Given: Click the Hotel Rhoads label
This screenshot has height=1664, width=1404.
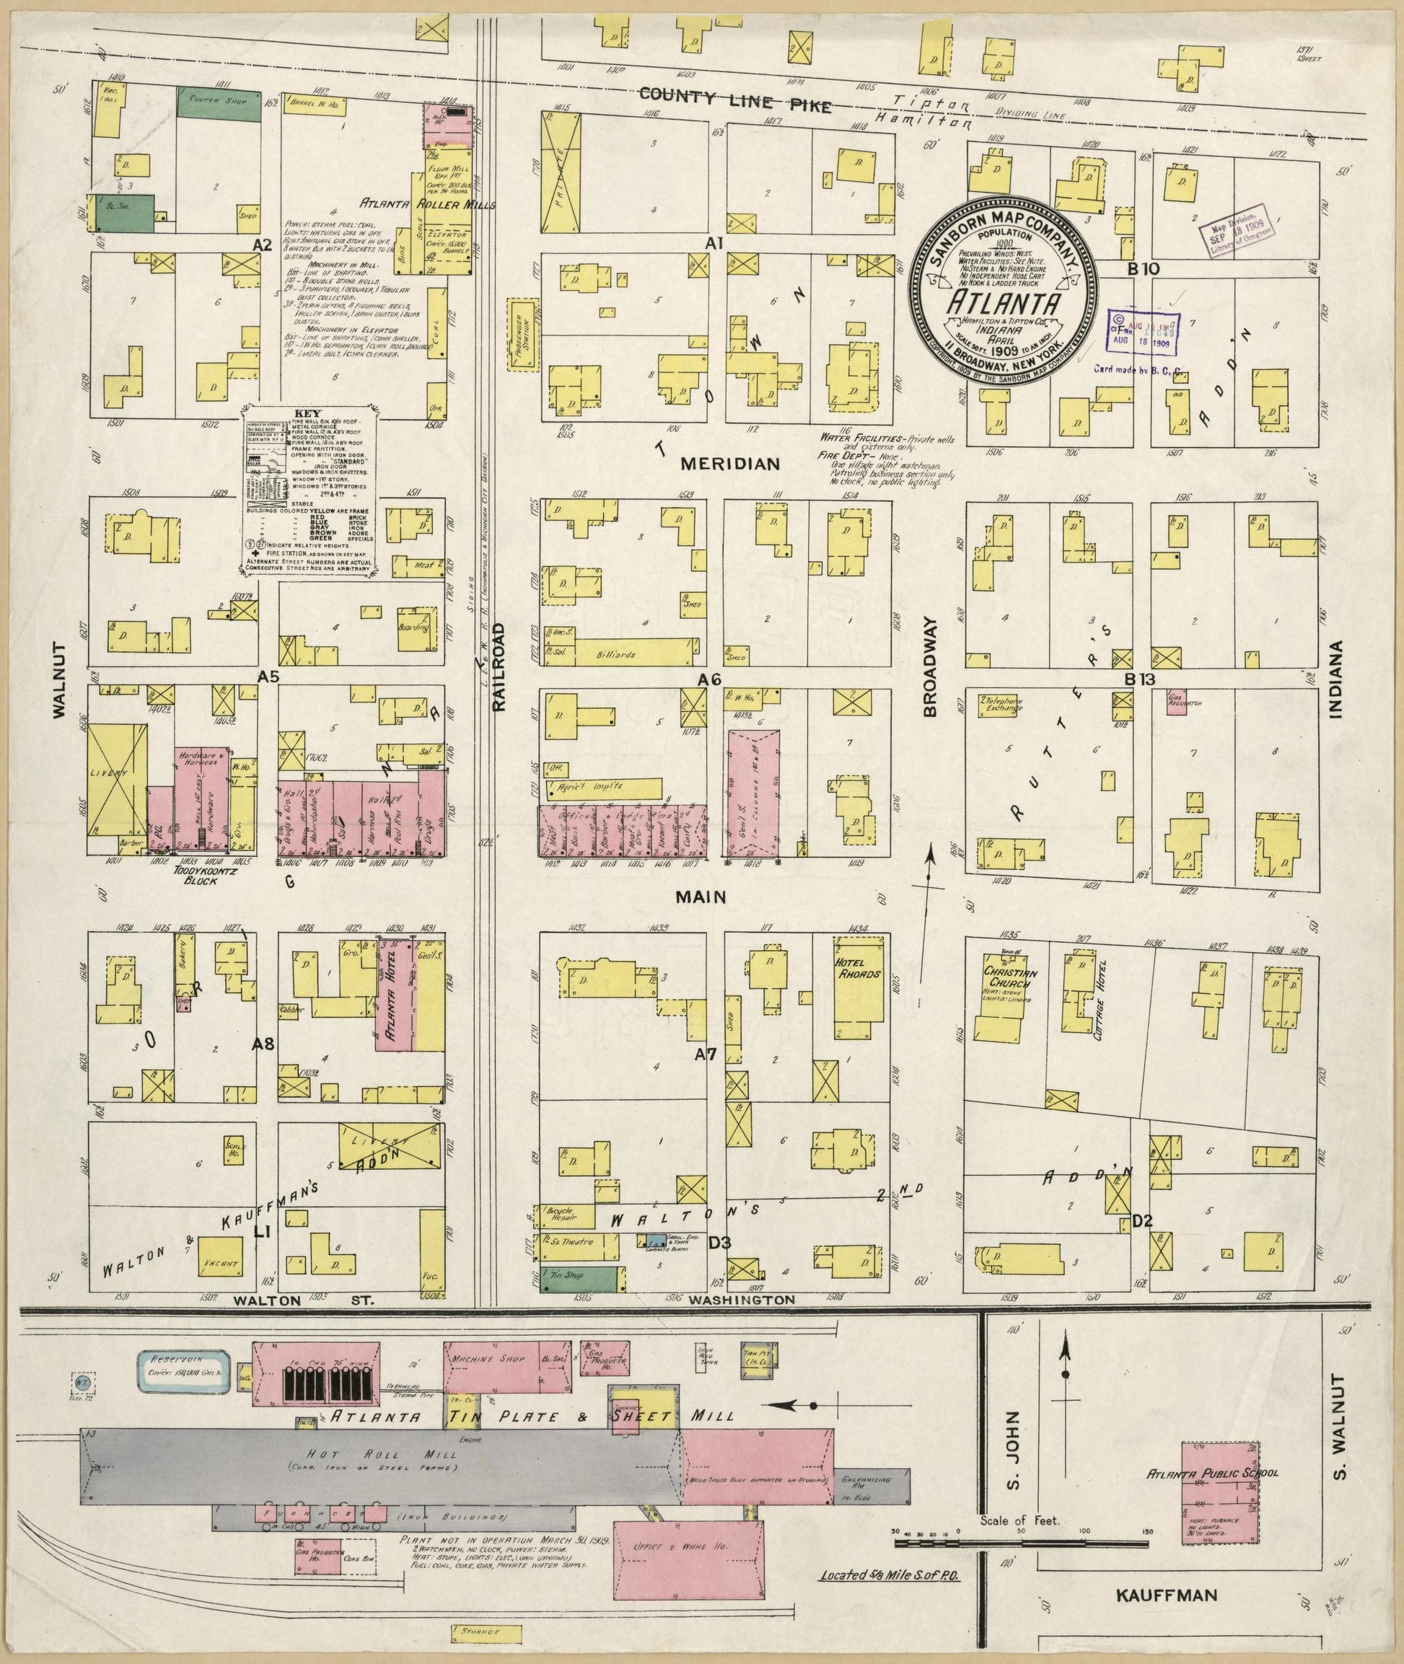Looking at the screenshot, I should click(x=856, y=969).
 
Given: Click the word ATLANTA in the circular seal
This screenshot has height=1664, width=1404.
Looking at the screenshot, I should click(x=1005, y=303).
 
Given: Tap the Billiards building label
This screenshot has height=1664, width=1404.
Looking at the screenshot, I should click(x=615, y=655).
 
